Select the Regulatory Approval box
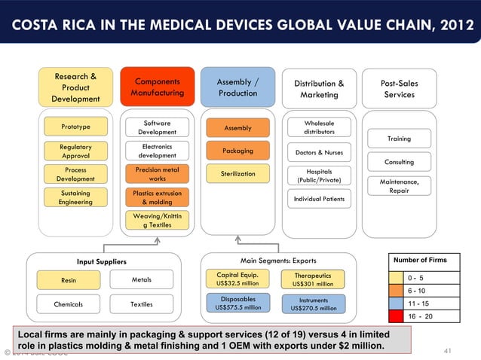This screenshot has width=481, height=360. pyautogui.click(x=75, y=150)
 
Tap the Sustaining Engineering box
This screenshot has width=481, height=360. pyautogui.click(x=75, y=197)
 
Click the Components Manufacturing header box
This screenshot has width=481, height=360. pyautogui.click(x=157, y=87)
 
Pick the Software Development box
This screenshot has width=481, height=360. pyautogui.click(x=157, y=127)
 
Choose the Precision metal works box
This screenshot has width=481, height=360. pyautogui.click(x=157, y=174)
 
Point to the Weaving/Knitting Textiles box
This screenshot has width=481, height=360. pyautogui.click(x=157, y=220)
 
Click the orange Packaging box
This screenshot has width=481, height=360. pyautogui.click(x=238, y=151)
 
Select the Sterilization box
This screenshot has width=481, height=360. pyautogui.click(x=238, y=174)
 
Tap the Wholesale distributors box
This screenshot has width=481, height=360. pyautogui.click(x=320, y=127)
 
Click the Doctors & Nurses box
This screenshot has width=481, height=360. pyautogui.click(x=320, y=153)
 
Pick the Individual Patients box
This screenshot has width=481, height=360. pyautogui.click(x=320, y=199)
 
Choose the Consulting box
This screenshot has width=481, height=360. pyautogui.click(x=399, y=162)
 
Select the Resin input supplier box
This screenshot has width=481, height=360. pyautogui.click(x=69, y=280)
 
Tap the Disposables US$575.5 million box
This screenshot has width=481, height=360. pyautogui.click(x=238, y=303)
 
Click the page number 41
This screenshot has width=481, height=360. pyautogui.click(x=447, y=351)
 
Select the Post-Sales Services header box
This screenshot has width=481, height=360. pyautogui.click(x=399, y=88)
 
